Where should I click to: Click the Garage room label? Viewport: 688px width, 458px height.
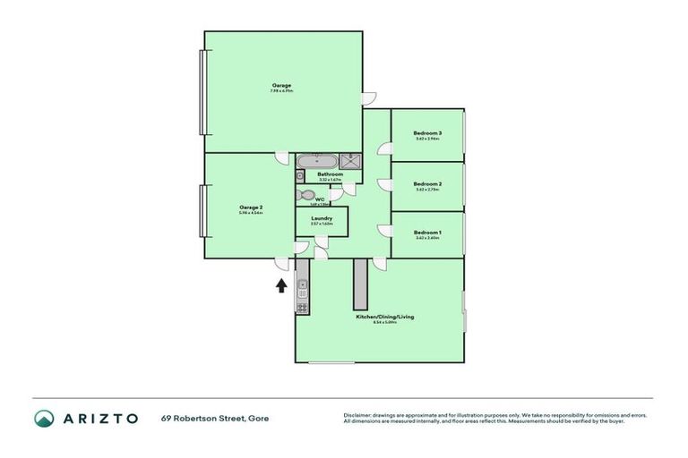click(282, 86)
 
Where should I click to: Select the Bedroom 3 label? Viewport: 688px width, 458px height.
click(427, 133)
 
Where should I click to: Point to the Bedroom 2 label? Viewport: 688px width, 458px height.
click(427, 183)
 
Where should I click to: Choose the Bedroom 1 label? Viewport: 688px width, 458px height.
click(427, 233)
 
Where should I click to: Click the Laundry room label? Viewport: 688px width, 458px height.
click(322, 218)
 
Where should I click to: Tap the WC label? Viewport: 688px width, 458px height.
click(319, 199)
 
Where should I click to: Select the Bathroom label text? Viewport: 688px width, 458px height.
click(330, 174)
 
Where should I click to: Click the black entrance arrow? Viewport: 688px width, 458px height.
click(280, 285)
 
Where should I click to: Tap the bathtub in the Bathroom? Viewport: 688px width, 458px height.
click(308, 161)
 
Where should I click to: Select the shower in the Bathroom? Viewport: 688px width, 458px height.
click(353, 161)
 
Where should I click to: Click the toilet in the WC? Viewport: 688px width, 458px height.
click(306, 194)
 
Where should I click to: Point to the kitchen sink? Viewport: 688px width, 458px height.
click(303, 288)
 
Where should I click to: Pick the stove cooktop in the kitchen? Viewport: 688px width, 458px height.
click(303, 307)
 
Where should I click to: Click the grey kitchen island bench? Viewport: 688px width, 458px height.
click(362, 284)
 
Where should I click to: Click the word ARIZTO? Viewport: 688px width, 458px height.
click(100, 418)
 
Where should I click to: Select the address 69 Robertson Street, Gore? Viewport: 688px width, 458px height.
click(214, 418)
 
